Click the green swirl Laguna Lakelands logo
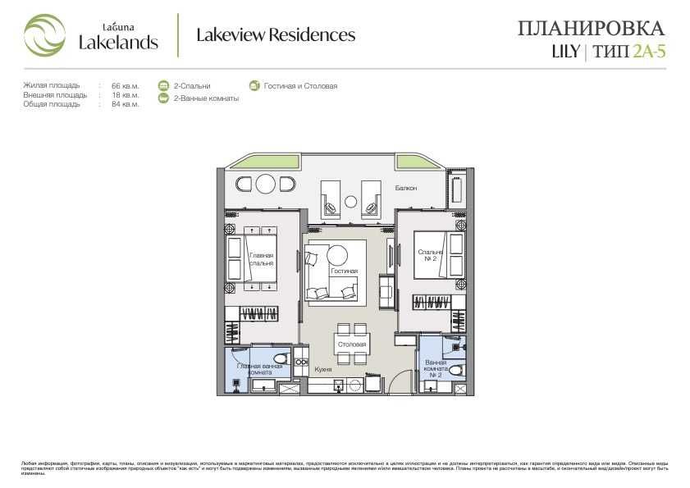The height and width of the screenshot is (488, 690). pyautogui.click(x=43, y=35)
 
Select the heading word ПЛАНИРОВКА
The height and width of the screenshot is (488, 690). pyautogui.click(x=590, y=29)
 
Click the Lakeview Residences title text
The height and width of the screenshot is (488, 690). pyautogui.click(x=276, y=35)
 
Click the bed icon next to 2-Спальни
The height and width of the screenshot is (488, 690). pyautogui.click(x=163, y=85)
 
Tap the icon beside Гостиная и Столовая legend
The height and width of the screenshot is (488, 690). pyautogui.click(x=254, y=85)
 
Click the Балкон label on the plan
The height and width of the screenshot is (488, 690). pyautogui.click(x=405, y=189)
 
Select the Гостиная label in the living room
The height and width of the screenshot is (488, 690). pyautogui.click(x=344, y=271)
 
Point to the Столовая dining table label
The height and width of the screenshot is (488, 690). pyautogui.click(x=351, y=344)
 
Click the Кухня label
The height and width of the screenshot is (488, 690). pyautogui.click(x=322, y=370)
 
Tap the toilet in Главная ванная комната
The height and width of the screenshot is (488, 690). pyautogui.click(x=280, y=358)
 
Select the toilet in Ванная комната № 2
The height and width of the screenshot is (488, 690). pyautogui.click(x=454, y=370)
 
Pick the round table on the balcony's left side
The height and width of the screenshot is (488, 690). pyautogui.click(x=266, y=184)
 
